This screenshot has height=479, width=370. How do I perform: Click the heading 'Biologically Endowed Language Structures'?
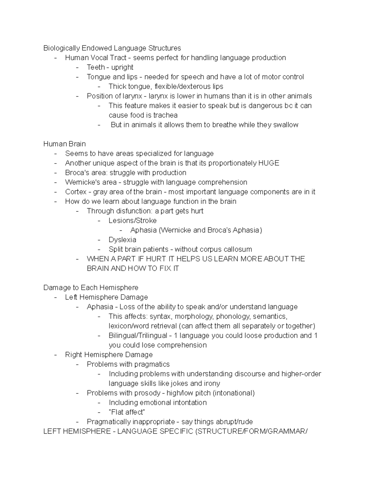112,48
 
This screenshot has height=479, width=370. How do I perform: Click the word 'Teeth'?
95,67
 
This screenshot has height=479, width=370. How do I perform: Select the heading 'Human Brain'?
64,144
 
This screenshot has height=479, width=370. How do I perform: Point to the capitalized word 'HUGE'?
268,163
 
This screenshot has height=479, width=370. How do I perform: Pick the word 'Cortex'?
76,192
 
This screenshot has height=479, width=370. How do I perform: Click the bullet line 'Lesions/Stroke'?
132,221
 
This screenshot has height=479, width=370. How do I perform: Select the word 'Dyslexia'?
122,240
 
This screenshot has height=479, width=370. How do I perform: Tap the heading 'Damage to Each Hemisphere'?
91,287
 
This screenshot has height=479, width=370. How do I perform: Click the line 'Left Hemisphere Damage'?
106,297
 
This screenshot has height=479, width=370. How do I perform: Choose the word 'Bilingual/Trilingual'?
138,336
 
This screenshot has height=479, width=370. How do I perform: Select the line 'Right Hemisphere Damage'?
109,355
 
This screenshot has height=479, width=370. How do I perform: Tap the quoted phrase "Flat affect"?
127,412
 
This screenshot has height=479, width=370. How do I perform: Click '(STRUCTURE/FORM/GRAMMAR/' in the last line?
251,431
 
